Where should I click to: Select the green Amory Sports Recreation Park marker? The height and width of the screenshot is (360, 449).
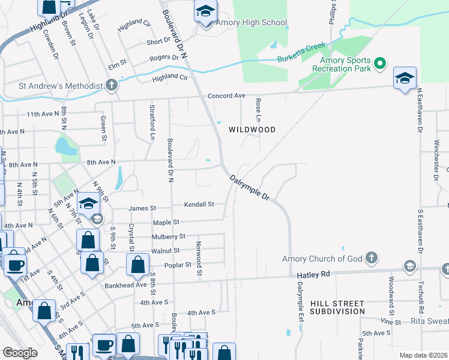379,63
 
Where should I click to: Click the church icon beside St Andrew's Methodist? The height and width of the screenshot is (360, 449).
111,86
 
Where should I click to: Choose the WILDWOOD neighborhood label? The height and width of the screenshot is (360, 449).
252,130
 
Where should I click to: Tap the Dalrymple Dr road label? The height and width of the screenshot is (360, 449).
250,188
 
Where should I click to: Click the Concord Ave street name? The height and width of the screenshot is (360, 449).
226,96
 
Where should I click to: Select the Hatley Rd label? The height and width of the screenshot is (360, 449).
313,275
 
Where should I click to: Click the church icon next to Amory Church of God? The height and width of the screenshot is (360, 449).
372,259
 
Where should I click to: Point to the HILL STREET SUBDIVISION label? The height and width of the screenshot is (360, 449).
337,308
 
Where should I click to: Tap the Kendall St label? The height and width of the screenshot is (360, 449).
199,205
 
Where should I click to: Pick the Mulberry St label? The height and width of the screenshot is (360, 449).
169,237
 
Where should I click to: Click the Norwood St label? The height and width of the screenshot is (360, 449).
199,259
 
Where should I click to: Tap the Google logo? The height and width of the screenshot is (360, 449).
20,353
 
